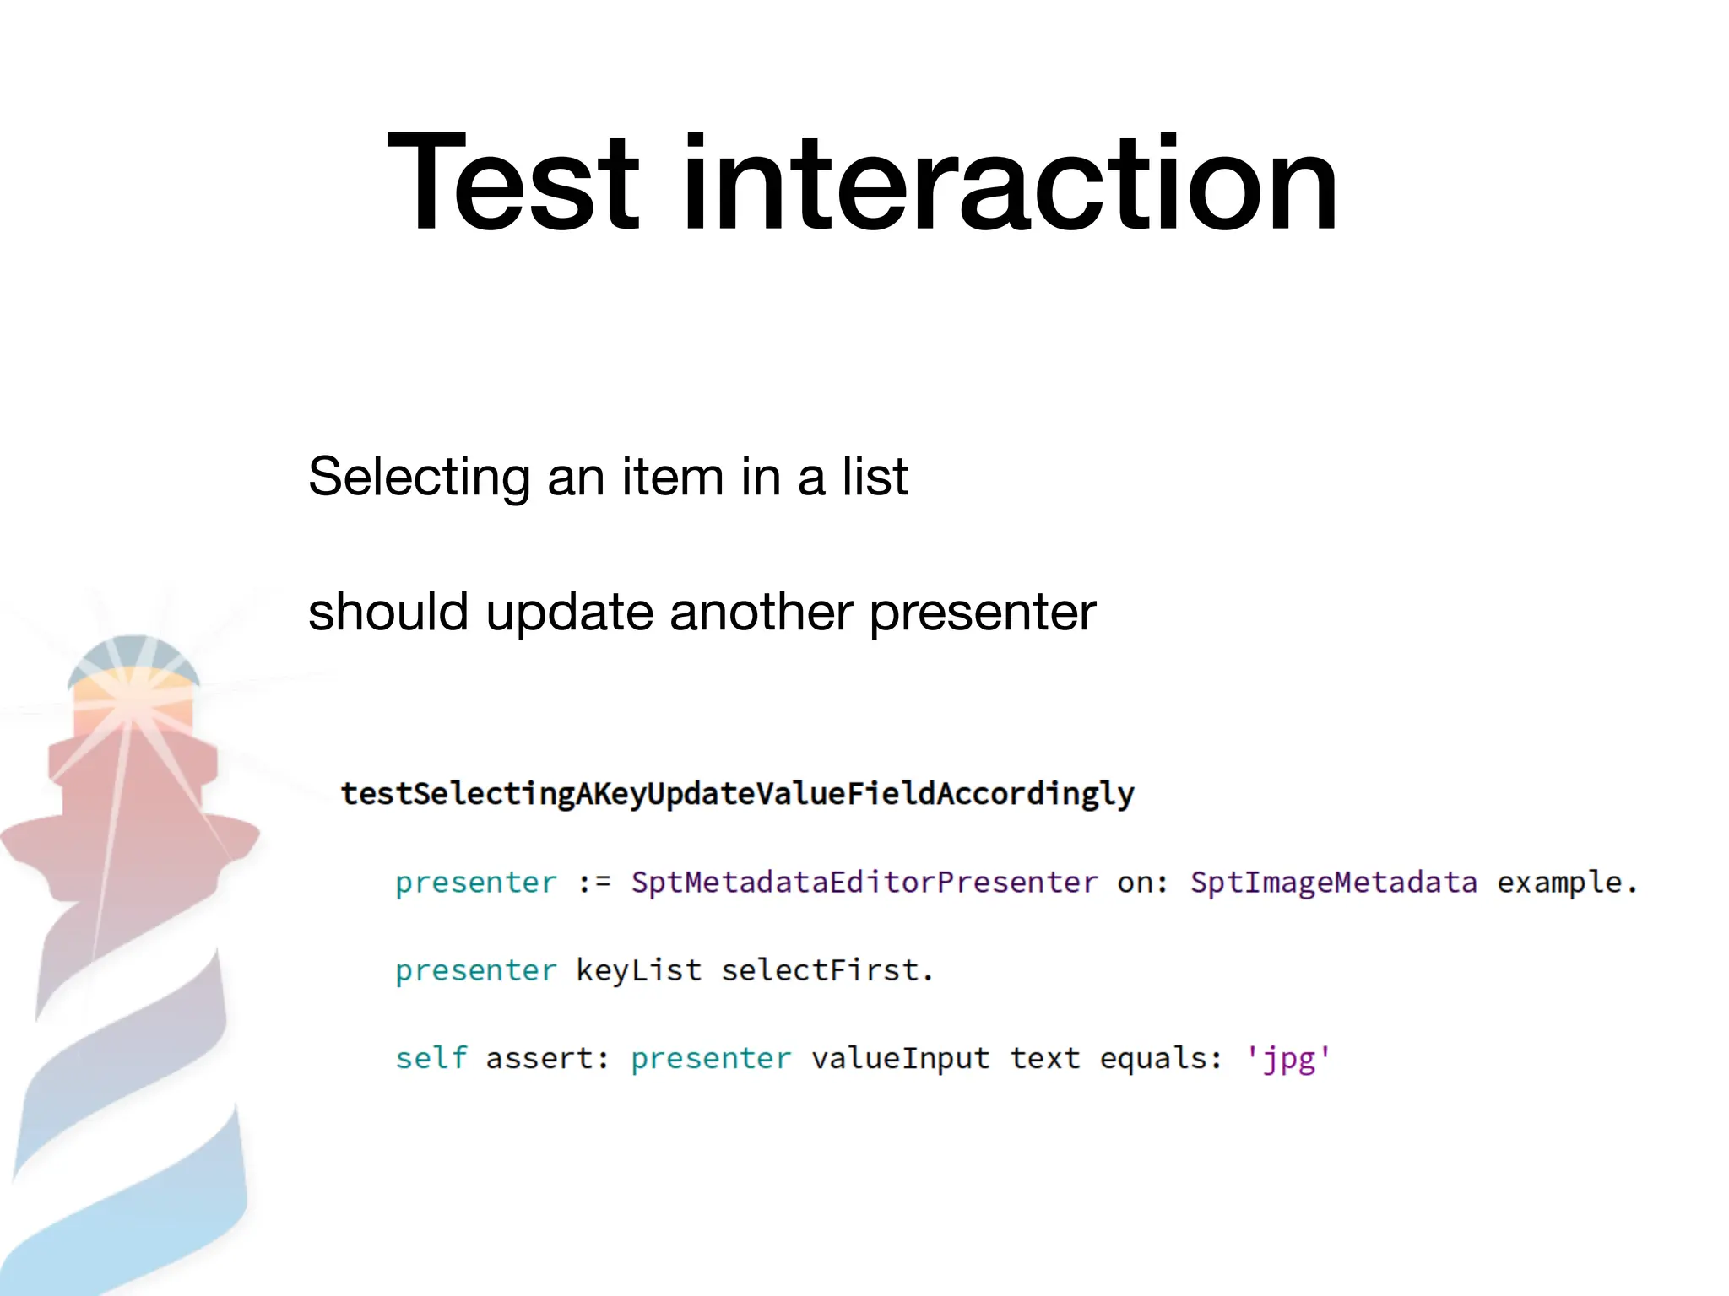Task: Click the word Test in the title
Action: [512, 182]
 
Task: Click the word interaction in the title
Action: [1009, 182]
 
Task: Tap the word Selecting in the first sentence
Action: [419, 478]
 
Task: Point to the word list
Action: [875, 476]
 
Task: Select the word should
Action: [388, 612]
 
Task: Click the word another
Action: [761, 612]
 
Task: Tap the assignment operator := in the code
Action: [594, 883]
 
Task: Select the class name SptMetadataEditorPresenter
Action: [864, 883]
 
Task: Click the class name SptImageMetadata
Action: [1334, 883]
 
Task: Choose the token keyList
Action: [639, 970]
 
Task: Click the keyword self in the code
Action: [431, 1058]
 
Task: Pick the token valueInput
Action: [900, 1059]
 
